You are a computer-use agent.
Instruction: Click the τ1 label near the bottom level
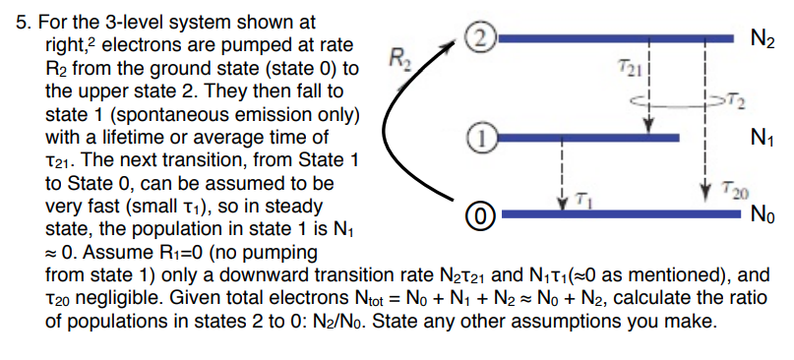(582, 198)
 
